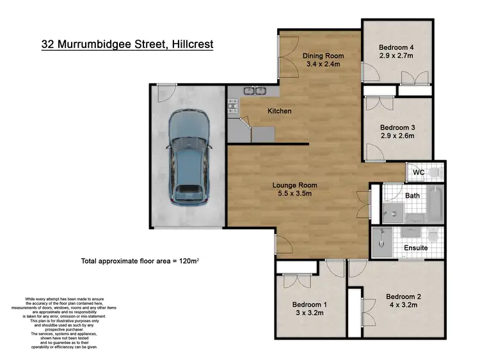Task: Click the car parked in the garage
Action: (188, 156)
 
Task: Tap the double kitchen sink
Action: (254, 91)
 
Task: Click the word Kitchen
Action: (279, 111)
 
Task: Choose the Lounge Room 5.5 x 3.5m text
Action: (294, 190)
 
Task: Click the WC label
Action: (419, 173)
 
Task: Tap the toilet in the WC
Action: (435, 172)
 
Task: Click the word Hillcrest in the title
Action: (188, 45)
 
